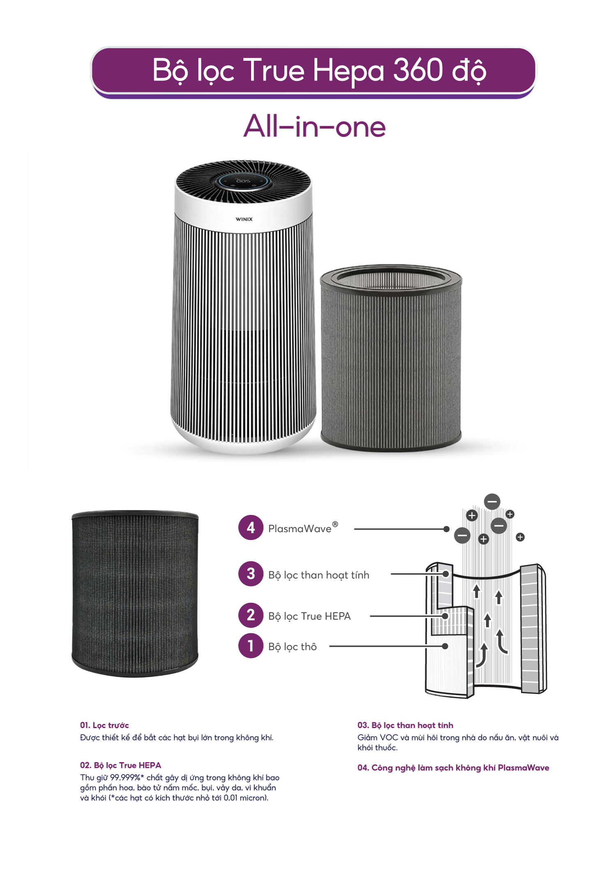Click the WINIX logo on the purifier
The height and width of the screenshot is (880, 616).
(244, 219)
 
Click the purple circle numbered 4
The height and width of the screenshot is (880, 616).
(251, 528)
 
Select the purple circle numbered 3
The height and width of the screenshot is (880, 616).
(251, 574)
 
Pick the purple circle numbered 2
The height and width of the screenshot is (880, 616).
(251, 615)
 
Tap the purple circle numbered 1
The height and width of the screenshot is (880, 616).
(251, 646)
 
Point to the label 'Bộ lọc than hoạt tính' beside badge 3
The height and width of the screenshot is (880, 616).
(319, 575)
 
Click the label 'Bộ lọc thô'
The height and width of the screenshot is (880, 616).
(292, 647)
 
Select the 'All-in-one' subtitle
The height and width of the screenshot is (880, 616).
(315, 126)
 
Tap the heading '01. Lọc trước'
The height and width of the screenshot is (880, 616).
(104, 725)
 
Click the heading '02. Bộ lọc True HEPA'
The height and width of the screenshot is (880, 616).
(120, 765)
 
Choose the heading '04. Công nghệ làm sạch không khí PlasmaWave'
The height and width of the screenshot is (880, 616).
(453, 767)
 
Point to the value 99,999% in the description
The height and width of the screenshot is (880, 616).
(125, 777)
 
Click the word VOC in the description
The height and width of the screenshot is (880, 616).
(389, 738)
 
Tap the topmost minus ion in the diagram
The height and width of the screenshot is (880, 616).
(492, 501)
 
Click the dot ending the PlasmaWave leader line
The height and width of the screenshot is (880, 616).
(446, 529)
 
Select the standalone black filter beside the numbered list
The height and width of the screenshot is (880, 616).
(135, 594)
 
